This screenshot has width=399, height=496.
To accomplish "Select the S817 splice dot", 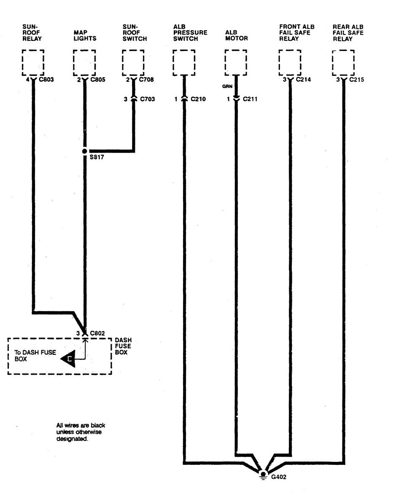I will pyautogui.click(x=84, y=151).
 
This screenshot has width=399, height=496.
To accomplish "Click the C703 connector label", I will pyautogui.click(x=148, y=99).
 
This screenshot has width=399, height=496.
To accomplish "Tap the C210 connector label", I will pyautogui.click(x=198, y=99).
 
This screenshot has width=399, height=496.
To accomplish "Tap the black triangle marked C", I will pyautogui.click(x=68, y=359).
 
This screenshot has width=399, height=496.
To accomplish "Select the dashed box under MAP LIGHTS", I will pyautogui.click(x=84, y=62).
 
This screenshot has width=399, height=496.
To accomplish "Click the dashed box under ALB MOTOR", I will pyautogui.click(x=235, y=62).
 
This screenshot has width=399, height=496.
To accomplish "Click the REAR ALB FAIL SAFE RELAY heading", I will pyautogui.click(x=348, y=32).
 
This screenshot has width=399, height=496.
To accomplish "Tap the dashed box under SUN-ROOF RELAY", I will pyautogui.click(x=32, y=62).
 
